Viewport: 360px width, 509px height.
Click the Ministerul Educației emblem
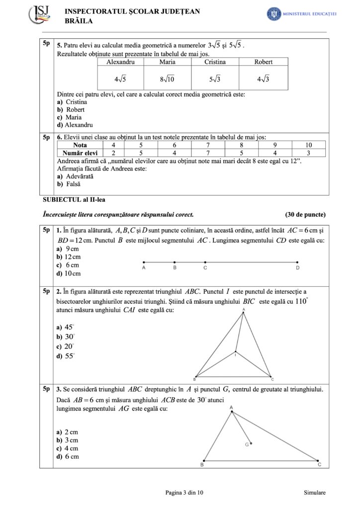point(273,14)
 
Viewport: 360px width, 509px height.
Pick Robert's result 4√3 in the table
point(263,79)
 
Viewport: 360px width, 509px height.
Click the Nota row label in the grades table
point(80,145)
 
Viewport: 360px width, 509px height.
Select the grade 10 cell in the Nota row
point(308,145)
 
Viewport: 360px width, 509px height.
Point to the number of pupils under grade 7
point(207,153)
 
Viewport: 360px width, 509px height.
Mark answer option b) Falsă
point(69,184)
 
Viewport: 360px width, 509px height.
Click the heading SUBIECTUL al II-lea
point(74,200)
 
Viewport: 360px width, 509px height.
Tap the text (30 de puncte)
point(305,215)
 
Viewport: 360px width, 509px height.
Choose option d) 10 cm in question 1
point(69,273)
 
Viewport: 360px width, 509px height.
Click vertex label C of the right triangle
point(319,465)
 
